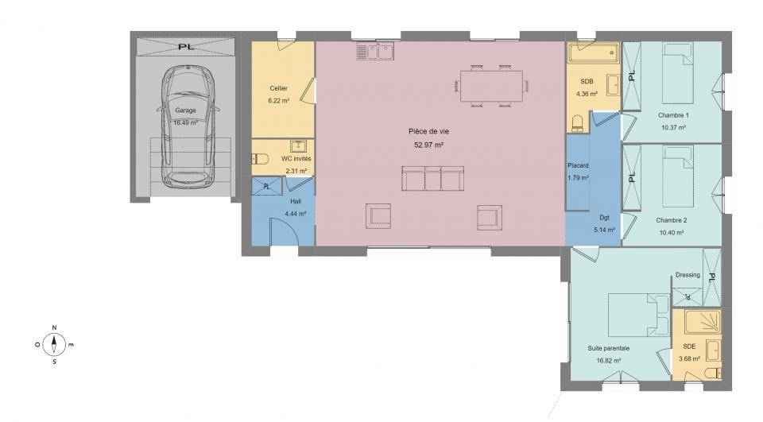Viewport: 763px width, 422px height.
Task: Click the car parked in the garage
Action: coord(188,126)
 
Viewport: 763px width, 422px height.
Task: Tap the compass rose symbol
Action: coord(54,345)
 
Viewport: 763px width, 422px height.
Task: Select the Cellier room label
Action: coord(278,88)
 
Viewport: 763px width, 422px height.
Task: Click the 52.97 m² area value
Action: coord(428,145)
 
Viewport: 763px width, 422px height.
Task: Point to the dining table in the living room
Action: coord(491,86)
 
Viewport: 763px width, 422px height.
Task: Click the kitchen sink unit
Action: coord(375,51)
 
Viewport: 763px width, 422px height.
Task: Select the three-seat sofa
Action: coord(432,178)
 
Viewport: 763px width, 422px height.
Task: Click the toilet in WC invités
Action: coord(261,159)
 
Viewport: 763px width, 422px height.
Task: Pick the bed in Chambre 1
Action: coord(678,73)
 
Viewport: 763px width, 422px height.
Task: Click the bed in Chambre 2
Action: coord(678,176)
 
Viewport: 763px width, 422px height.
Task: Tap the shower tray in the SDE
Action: coord(702,322)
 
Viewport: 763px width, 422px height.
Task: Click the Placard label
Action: coord(578,165)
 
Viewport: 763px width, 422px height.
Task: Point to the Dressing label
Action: coord(687,275)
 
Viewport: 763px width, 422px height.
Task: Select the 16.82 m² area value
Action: coord(608,361)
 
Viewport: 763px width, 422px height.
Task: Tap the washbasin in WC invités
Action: coord(298,146)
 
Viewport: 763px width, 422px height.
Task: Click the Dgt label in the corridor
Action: coord(604,218)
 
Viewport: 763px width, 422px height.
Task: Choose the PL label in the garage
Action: coord(186,47)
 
